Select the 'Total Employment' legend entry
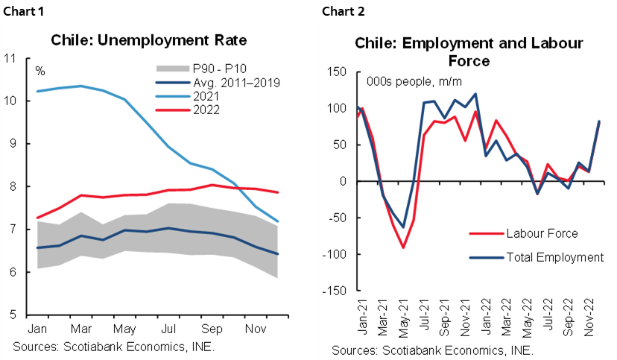(554, 257)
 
